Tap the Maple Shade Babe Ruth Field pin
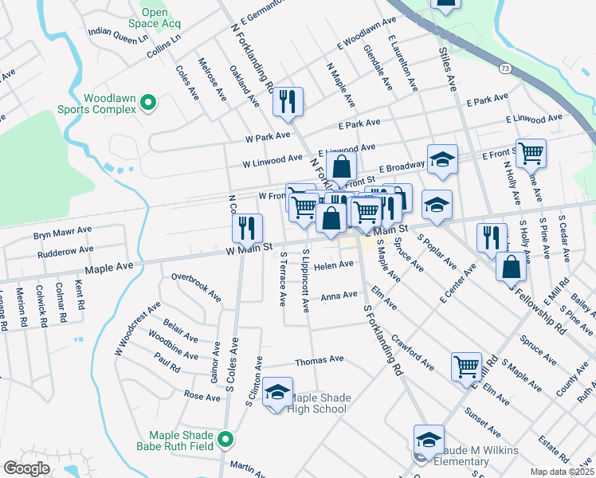click(226, 439)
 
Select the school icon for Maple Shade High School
click(277, 392)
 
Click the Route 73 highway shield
click(506, 69)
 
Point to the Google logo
click(25, 468)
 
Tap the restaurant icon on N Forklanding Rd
click(287, 101)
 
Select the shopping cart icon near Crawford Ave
click(466, 366)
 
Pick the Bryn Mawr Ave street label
click(63, 235)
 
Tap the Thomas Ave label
click(319, 360)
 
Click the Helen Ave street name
click(334, 265)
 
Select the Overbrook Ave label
click(197, 287)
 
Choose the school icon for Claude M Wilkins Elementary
click(429, 439)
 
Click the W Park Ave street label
click(269, 137)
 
